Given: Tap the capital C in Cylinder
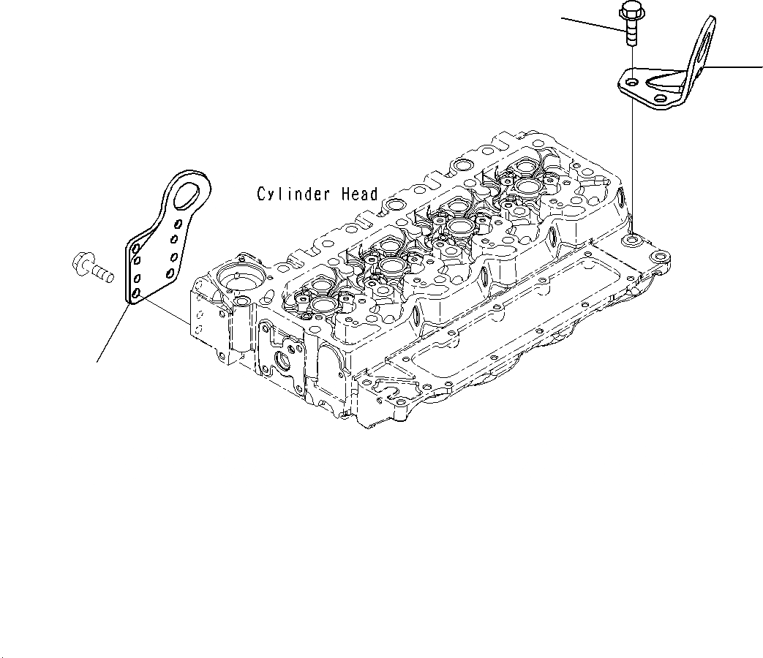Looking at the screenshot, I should (261, 194).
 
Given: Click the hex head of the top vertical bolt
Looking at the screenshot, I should (628, 11).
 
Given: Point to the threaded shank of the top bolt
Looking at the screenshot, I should (630, 34).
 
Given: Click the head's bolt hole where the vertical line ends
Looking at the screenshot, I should (629, 239).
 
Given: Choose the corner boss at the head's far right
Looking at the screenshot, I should (661, 259).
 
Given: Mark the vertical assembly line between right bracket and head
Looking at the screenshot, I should (630, 161).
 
